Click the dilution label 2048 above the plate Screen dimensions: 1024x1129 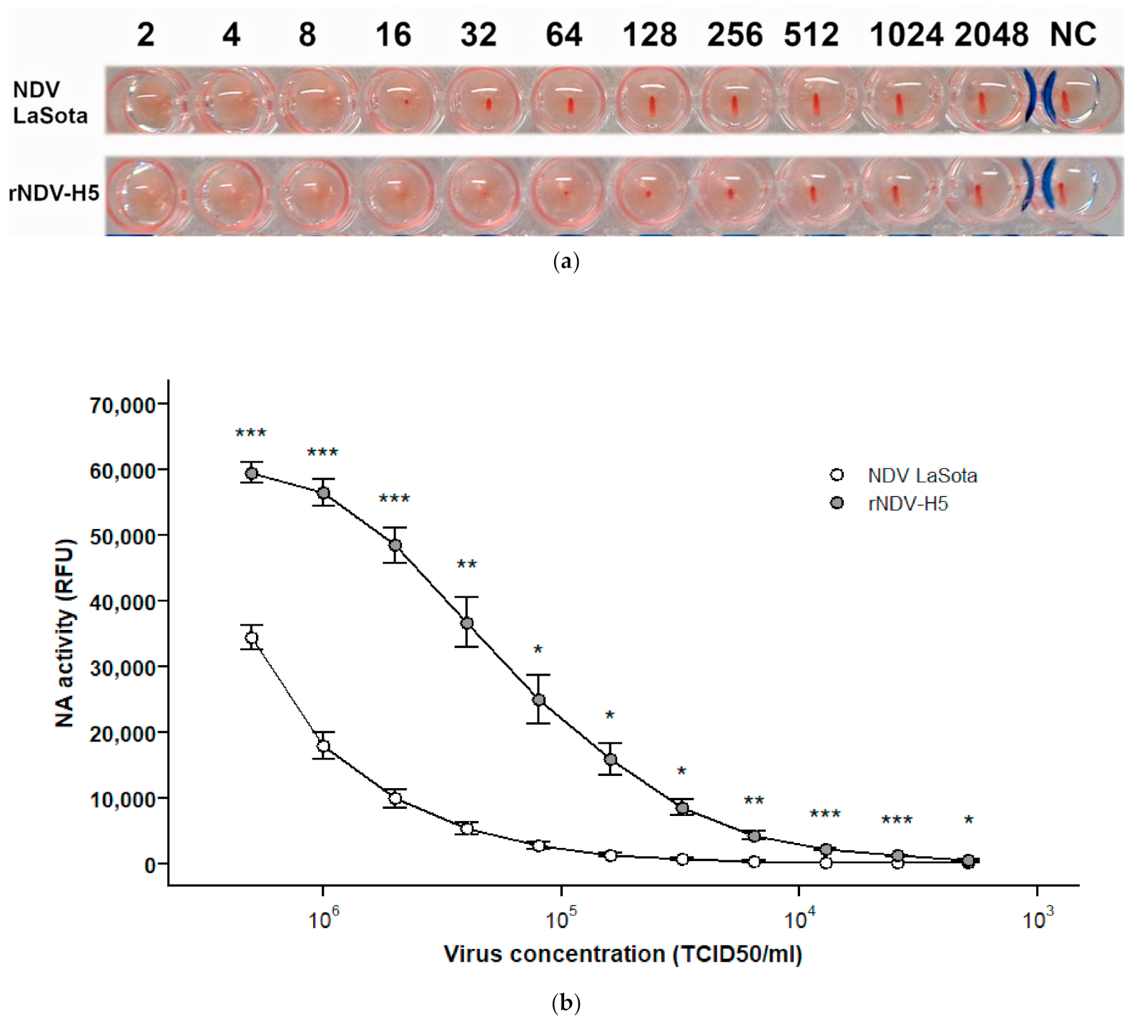(x=991, y=35)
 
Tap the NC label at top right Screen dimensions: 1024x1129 (x=1073, y=35)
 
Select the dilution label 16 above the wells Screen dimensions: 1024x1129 (x=393, y=35)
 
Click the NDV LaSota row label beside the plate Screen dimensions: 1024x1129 (x=49, y=102)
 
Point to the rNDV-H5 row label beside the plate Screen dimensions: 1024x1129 (x=54, y=193)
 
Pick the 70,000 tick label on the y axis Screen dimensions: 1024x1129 (x=122, y=405)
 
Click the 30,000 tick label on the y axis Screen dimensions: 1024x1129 (x=122, y=668)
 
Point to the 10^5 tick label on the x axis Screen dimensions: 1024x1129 (x=561, y=919)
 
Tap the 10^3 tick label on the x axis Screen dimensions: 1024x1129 (x=1037, y=919)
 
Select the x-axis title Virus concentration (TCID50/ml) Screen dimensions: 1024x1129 (x=623, y=954)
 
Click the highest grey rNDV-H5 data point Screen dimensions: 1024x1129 (x=252, y=473)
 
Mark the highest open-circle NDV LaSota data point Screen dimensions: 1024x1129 (x=252, y=638)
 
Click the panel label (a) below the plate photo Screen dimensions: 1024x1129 (x=566, y=262)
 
